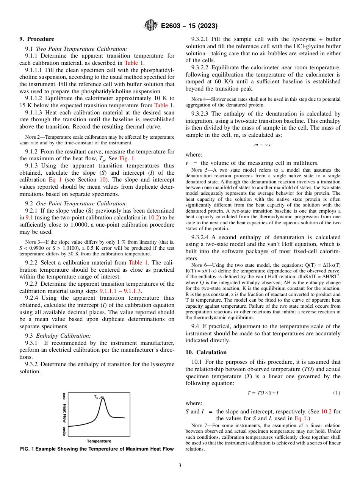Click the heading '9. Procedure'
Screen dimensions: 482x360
pyautogui.click(x=37, y=39)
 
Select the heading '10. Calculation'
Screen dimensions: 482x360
pyautogui.click(x=206, y=352)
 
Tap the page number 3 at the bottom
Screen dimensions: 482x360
pyautogui.click(x=180, y=465)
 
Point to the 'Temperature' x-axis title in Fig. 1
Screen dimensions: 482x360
pyautogui.click(x=99, y=441)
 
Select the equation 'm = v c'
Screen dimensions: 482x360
pyautogui.click(x=263, y=145)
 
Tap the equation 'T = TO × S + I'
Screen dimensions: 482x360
pyautogui.click(x=263, y=393)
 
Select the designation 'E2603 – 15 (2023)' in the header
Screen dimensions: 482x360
pyautogui.click(x=189, y=26)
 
